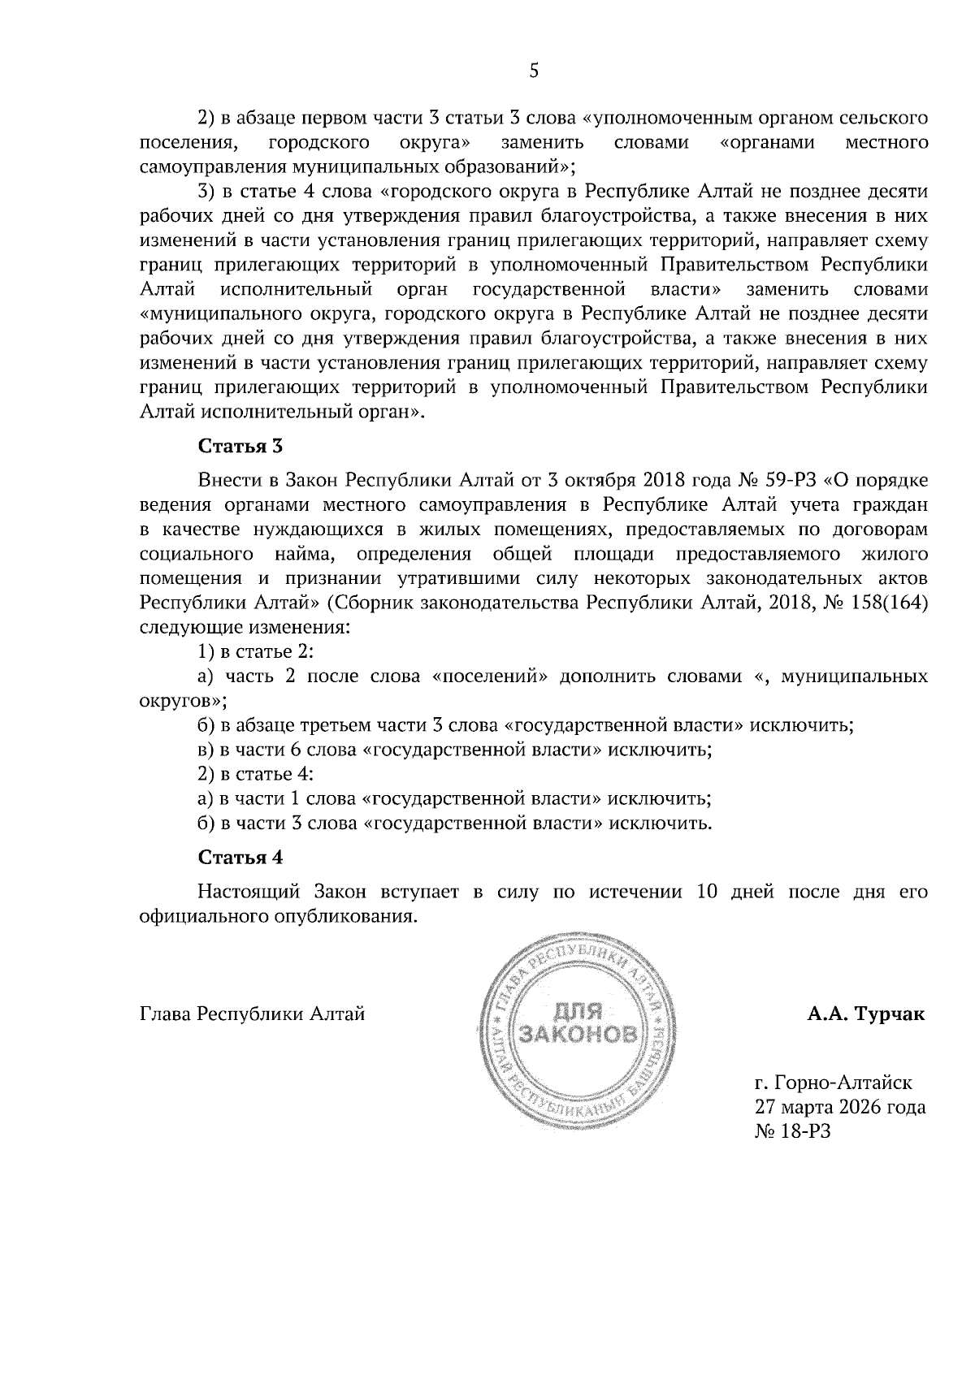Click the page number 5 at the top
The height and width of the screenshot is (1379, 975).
pyautogui.click(x=534, y=71)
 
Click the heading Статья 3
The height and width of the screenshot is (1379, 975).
pyautogui.click(x=240, y=446)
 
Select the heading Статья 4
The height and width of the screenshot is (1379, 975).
pyautogui.click(x=240, y=857)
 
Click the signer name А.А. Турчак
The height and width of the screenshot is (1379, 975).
pyautogui.click(x=865, y=1014)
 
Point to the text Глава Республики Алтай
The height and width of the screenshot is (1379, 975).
pyautogui.click(x=253, y=1014)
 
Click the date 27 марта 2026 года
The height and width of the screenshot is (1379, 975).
pyautogui.click(x=840, y=1107)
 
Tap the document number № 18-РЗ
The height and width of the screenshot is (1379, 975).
pyautogui.click(x=793, y=1131)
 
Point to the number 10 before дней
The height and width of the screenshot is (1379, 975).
pyautogui.click(x=708, y=891)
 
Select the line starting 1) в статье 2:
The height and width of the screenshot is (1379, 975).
pyautogui.click(x=256, y=652)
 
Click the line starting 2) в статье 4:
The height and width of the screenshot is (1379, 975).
pyautogui.click(x=256, y=774)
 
